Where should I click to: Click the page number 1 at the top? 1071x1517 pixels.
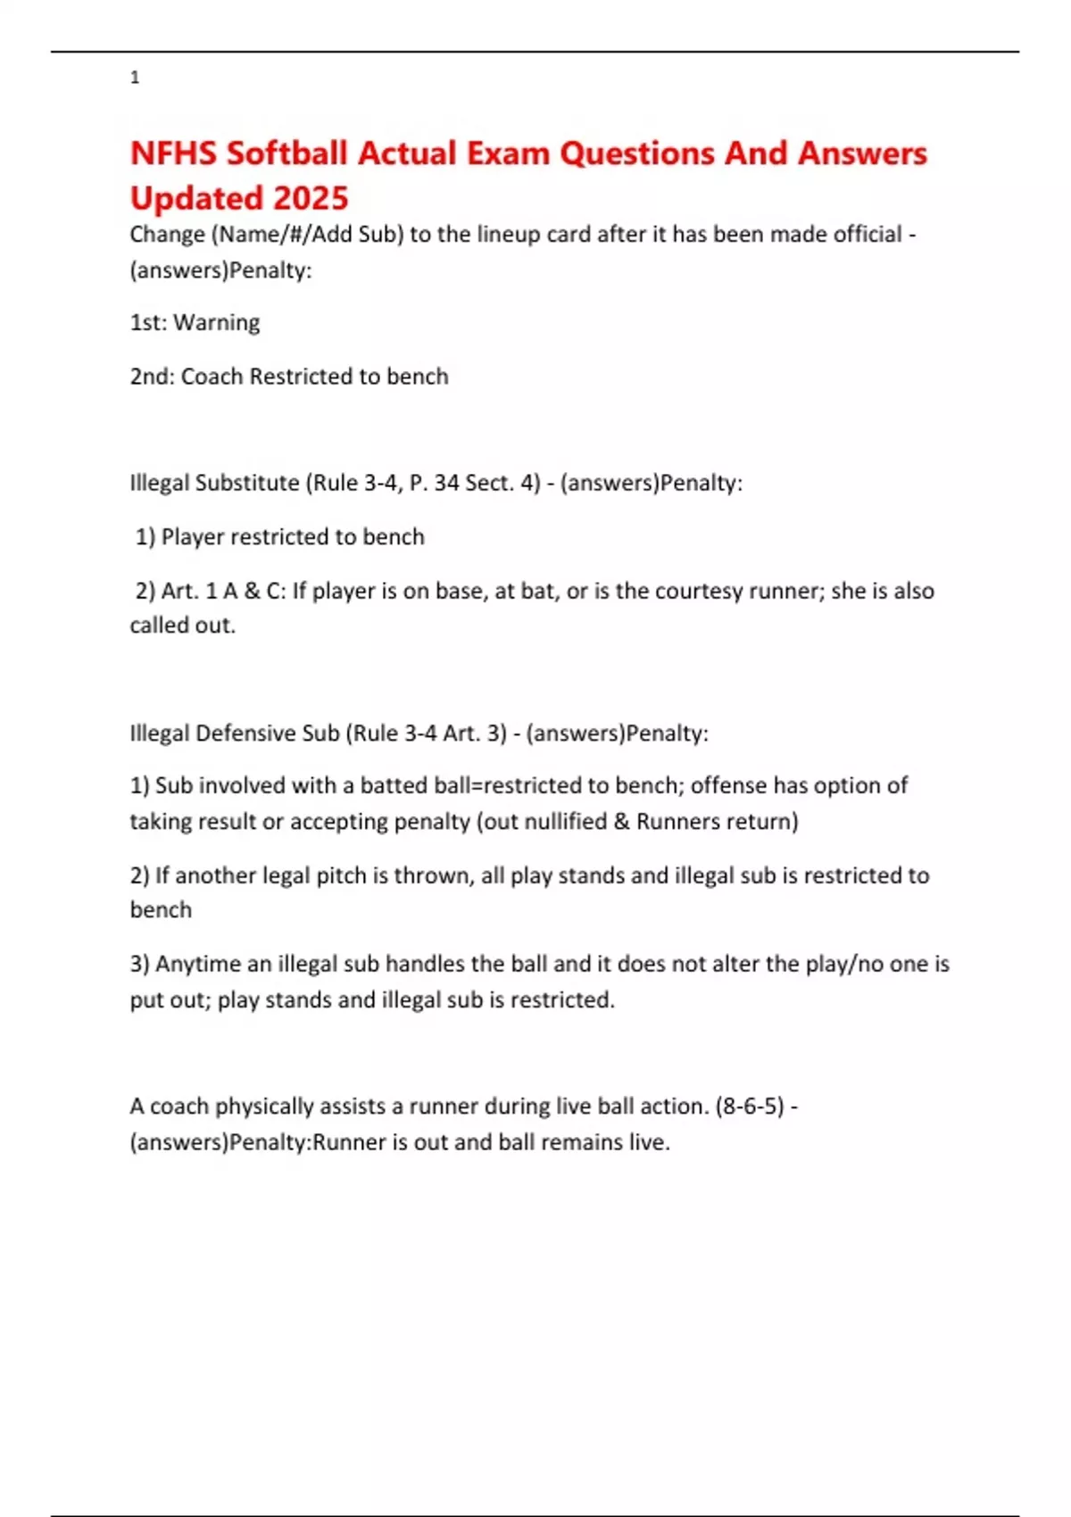tap(135, 78)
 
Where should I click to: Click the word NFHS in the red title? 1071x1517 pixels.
tap(173, 153)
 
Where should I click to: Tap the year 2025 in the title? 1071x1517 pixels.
tap(311, 198)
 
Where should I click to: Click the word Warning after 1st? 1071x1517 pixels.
tap(217, 322)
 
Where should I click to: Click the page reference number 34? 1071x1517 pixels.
tap(446, 483)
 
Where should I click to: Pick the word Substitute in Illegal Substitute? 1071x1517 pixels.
tap(247, 483)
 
